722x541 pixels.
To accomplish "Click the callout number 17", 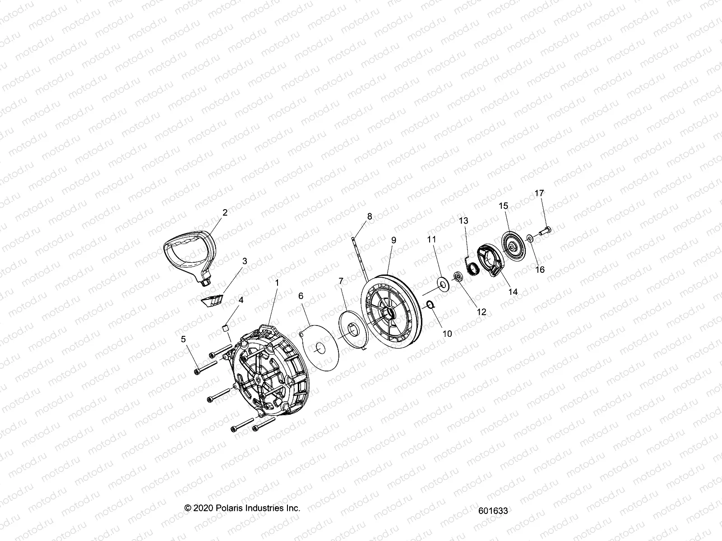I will tap(539, 193).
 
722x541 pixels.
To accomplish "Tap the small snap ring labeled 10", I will tap(431, 305).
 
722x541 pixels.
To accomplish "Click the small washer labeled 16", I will tap(531, 238).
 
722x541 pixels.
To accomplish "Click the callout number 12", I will tap(481, 312).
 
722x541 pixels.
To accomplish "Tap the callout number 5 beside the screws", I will tap(183, 339).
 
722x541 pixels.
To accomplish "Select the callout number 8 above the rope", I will tap(370, 216).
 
